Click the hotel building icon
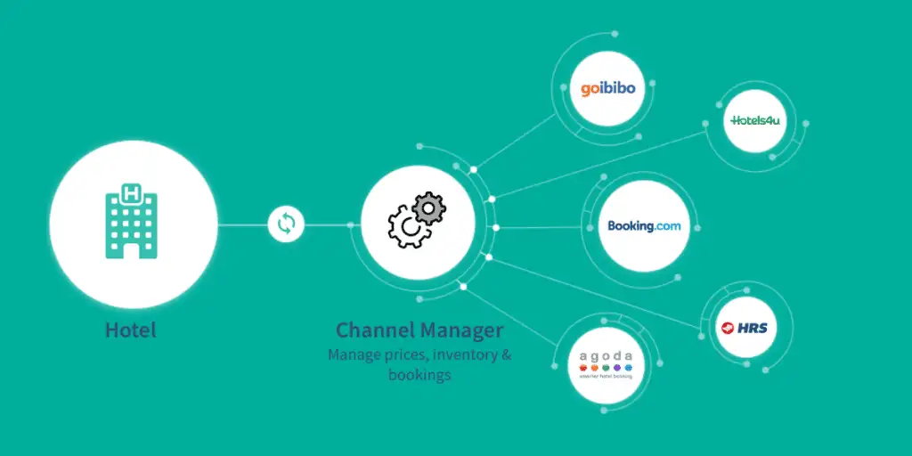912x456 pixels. pos(133,222)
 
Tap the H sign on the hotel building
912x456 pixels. pos(133,192)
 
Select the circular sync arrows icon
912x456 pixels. pos(286,224)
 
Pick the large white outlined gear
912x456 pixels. pos(408,230)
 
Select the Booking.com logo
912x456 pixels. pos(644,226)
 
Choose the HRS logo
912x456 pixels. pos(744,328)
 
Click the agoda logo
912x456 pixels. pos(606,362)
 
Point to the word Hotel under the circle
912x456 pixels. pos(131,330)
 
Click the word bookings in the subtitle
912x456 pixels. pos(419,375)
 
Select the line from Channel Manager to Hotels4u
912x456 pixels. pos(606,163)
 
